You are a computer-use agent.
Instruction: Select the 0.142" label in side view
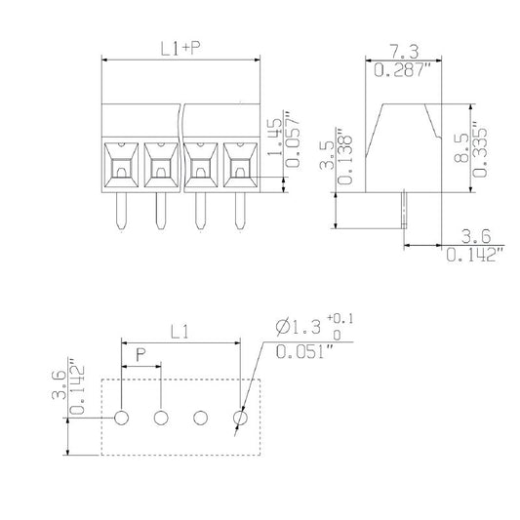tap(473, 257)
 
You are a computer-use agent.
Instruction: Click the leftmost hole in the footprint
tap(121, 419)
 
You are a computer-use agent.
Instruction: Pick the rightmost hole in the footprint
tap(240, 419)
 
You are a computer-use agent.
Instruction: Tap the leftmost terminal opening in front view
tap(121, 165)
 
